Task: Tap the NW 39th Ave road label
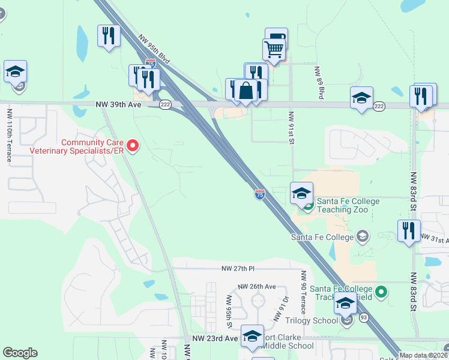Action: (x=118, y=104)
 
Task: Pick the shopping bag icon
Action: (x=246, y=91)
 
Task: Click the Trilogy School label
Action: (x=312, y=320)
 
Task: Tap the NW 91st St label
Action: (x=291, y=127)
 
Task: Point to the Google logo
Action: (x=20, y=353)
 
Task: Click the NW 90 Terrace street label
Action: (x=303, y=292)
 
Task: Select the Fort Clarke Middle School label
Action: (x=288, y=341)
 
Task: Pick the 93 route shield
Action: (x=364, y=317)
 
